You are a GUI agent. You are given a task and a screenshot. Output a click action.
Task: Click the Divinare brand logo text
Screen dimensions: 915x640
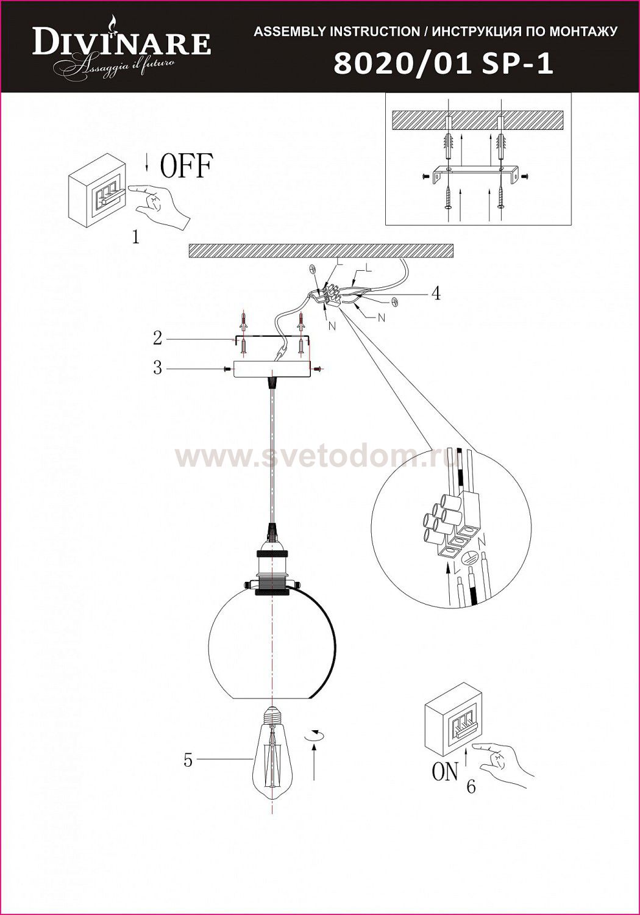coord(122,44)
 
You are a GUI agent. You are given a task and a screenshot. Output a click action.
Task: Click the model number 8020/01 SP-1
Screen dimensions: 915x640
coord(443,64)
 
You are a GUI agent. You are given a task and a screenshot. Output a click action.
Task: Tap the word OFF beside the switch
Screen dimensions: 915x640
coord(186,166)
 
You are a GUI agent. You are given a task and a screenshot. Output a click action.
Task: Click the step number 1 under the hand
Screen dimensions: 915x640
coord(135,237)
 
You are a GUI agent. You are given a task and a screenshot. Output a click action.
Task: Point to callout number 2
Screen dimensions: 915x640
coord(157,337)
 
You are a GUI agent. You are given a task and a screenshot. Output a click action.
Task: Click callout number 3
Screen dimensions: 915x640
coord(157,368)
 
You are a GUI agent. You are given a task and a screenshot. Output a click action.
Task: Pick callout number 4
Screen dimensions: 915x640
coord(435,293)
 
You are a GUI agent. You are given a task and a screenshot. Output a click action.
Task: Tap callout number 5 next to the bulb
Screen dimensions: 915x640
coord(188,760)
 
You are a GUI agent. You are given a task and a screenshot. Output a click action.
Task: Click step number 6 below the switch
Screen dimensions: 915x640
coord(471,787)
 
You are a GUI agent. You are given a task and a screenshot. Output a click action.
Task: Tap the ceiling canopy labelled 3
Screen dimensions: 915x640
coord(269,369)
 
